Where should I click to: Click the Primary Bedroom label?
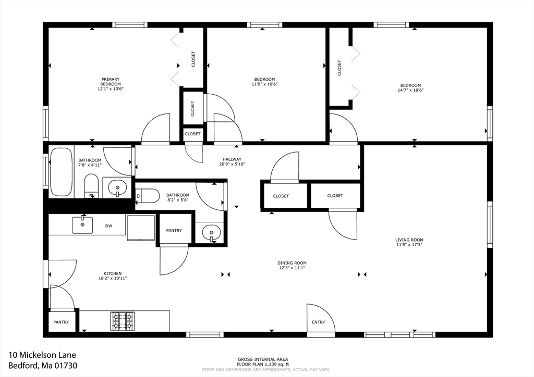click(111, 82)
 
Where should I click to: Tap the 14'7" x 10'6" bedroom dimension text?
click(410, 90)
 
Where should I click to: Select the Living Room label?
click(409, 240)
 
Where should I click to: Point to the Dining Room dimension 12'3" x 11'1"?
click(292, 268)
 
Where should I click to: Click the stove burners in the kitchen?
click(123, 321)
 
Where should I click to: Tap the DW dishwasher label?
click(108, 225)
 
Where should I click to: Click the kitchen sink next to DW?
click(82, 225)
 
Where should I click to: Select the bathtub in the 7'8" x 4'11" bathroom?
click(62, 172)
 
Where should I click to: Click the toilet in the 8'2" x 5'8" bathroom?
click(148, 196)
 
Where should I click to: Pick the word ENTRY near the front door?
click(319, 322)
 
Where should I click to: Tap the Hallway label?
click(232, 159)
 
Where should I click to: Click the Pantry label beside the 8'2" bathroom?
click(174, 231)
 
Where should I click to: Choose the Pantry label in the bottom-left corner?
click(62, 322)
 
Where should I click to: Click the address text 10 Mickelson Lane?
click(42, 355)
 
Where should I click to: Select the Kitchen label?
click(113, 273)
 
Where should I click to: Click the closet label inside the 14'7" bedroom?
click(339, 68)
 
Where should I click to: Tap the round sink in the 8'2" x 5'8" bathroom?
click(212, 233)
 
